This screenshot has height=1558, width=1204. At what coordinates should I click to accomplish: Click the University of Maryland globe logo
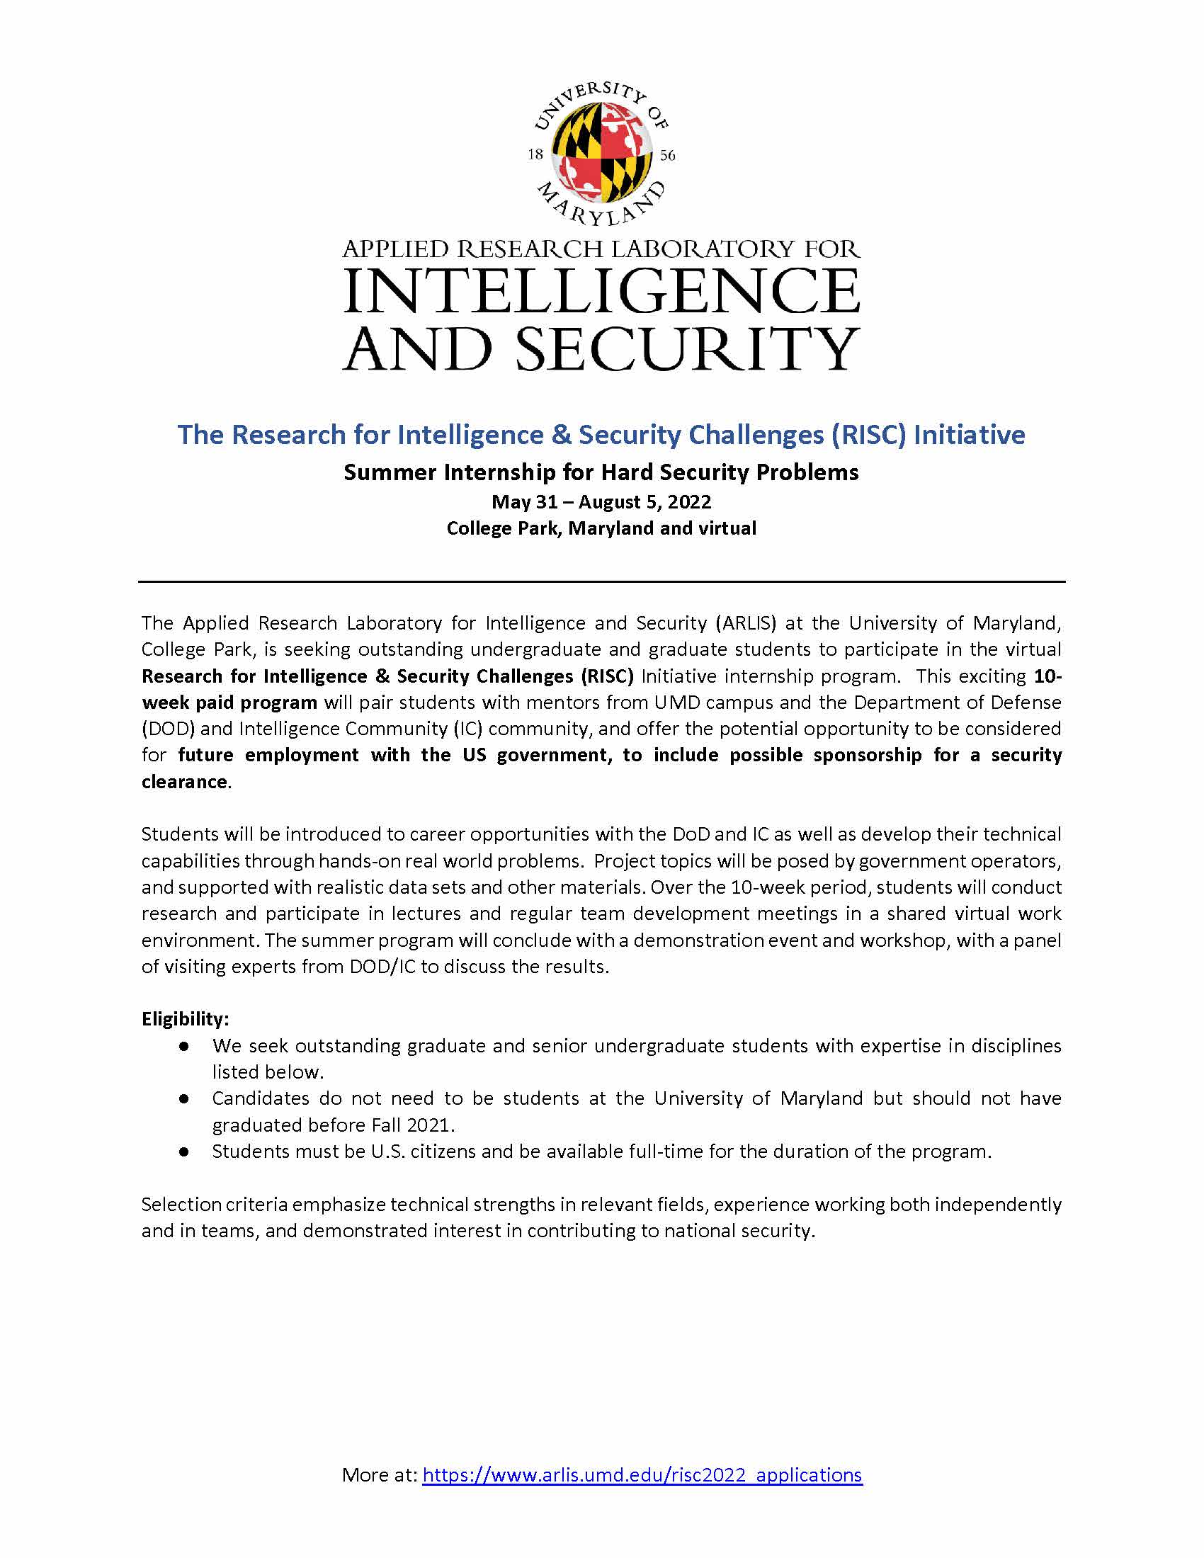pos(601,153)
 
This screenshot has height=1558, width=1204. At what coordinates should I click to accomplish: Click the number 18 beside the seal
pos(535,155)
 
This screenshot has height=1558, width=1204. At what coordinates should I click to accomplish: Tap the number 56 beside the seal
pos(668,156)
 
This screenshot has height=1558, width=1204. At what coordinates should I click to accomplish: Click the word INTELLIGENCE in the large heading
pos(601,292)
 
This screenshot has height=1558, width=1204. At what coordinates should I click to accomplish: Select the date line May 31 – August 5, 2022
pos(601,502)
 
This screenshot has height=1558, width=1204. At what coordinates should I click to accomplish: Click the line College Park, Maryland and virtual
pos(601,528)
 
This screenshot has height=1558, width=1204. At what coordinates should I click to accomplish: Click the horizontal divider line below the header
pos(601,582)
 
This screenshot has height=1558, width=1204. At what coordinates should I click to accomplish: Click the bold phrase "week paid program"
pos(229,703)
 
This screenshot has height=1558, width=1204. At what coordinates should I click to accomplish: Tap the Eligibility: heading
pos(186,1018)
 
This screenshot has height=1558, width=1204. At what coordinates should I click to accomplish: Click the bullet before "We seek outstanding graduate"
pos(184,1046)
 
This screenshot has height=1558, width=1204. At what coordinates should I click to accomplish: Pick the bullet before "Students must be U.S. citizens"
pos(184,1152)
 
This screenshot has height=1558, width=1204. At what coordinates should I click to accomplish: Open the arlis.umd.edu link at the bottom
pos(642,1474)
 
